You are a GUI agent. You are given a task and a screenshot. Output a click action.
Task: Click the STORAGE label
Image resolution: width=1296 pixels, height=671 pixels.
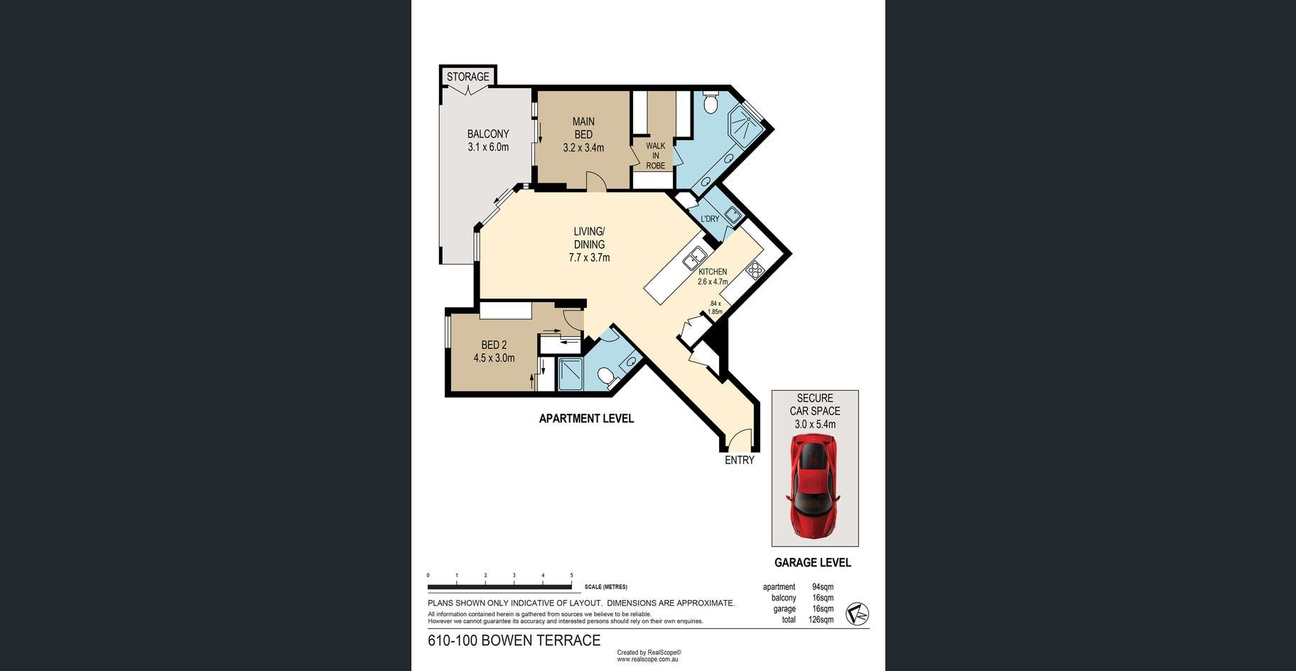tap(468, 77)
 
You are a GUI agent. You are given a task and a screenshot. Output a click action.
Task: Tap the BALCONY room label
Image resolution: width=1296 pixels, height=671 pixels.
tap(488, 134)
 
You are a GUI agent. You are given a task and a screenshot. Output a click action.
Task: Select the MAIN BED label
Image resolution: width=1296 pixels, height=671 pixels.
tap(583, 128)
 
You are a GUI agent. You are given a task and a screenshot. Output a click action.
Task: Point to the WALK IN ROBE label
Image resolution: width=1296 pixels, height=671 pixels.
tap(655, 156)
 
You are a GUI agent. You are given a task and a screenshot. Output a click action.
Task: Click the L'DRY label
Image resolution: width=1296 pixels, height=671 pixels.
tap(710, 219)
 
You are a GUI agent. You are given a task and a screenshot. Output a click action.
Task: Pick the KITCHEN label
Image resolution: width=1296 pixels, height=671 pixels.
tap(713, 272)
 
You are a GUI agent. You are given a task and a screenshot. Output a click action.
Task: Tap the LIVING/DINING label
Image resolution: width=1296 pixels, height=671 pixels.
tap(589, 237)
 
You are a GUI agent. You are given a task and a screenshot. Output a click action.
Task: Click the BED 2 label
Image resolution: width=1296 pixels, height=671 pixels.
tap(494, 345)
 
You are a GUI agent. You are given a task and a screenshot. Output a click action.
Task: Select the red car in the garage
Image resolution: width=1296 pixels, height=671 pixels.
tap(814, 485)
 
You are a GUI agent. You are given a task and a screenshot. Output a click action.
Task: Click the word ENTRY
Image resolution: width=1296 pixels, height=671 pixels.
tap(740, 460)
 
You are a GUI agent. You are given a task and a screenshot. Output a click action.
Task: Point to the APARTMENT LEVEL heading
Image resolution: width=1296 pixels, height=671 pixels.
tap(586, 419)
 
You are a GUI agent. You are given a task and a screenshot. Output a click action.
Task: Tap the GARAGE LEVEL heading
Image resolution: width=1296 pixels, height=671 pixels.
tap(813, 562)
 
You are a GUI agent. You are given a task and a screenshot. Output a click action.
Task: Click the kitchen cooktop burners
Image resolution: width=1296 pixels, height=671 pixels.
tap(754, 270)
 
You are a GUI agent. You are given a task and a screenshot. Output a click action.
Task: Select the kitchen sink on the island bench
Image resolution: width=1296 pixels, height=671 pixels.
tap(694, 257)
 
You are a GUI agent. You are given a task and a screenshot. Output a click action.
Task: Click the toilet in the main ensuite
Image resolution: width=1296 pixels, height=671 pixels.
tap(710, 104)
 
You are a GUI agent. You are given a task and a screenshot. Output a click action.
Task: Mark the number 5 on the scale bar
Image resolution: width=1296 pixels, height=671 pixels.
tap(571, 575)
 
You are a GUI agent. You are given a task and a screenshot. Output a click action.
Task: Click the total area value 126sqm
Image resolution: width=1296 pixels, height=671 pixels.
tap(821, 620)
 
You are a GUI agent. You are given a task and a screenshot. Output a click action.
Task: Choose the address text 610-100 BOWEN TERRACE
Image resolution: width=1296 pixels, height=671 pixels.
tap(514, 640)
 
